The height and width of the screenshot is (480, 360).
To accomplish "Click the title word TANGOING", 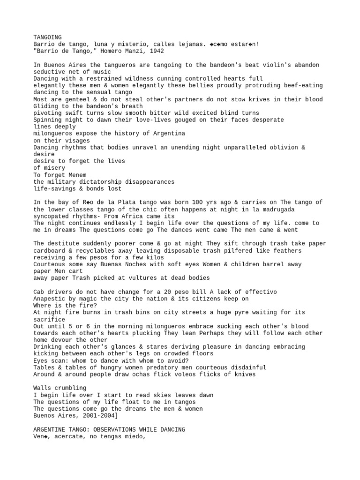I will pos(47,37).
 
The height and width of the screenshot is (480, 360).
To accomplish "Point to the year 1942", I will pos(156,51).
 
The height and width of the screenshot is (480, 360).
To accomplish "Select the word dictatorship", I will pos(101,182).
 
